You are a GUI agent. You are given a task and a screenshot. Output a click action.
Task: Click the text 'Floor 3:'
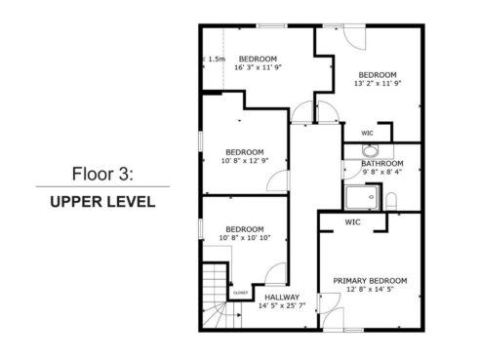coord(101,175)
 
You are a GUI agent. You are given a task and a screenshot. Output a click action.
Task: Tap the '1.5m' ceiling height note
coord(216,60)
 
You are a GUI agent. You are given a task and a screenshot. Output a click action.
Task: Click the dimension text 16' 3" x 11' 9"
coord(259,66)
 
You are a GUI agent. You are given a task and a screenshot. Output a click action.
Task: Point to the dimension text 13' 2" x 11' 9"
coord(376,84)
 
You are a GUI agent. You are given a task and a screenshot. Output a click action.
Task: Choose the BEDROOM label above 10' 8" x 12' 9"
coord(244,151)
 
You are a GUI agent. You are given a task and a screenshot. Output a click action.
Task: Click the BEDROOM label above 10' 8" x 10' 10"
coord(244,228)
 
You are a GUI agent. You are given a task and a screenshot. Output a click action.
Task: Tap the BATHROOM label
coord(383,163)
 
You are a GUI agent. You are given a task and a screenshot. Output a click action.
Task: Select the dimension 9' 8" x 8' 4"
coord(383,172)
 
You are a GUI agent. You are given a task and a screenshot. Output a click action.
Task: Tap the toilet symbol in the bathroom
coord(390,201)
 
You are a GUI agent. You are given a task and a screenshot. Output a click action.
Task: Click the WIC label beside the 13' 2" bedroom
coord(367,133)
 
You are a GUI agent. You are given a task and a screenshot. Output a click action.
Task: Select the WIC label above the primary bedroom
coord(352,221)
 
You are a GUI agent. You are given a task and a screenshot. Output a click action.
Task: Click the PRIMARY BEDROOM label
coord(370,280)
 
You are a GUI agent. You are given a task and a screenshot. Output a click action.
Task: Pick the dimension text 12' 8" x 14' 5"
coord(370,289)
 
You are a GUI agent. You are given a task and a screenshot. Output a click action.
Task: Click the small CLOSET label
coord(240,292)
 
